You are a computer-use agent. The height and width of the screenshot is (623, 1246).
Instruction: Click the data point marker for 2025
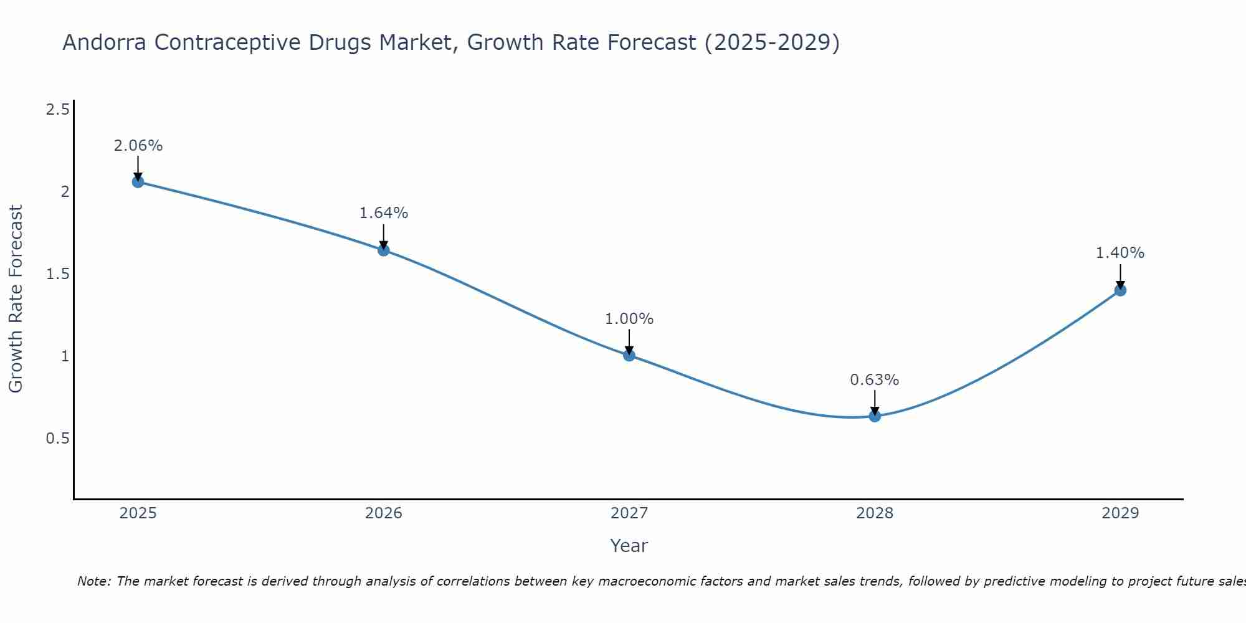tap(138, 182)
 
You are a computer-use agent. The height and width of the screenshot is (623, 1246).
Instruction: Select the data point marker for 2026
tap(384, 250)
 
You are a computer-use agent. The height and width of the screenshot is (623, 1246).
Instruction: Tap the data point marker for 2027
tap(629, 356)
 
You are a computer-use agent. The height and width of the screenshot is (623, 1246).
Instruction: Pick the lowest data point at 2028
tap(875, 416)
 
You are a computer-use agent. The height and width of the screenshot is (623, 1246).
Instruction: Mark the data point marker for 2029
tap(1120, 290)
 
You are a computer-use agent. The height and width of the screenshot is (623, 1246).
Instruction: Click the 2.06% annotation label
tap(138, 146)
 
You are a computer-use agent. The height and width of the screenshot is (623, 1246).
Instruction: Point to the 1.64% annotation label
tap(384, 213)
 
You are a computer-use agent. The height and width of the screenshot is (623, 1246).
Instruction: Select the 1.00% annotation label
tap(629, 319)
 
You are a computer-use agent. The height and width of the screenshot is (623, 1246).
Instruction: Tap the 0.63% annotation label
tap(875, 380)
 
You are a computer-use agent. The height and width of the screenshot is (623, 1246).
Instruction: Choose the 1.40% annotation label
tap(1120, 253)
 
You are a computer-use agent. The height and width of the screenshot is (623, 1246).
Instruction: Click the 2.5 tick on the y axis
tap(57, 110)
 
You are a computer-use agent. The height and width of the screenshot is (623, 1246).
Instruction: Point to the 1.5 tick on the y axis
tap(57, 274)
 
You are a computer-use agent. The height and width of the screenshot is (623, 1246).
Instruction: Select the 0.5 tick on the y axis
tap(57, 439)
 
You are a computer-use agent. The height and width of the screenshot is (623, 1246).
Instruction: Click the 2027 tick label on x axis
tap(629, 513)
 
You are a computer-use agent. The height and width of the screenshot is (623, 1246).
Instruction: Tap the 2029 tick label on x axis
tap(1120, 513)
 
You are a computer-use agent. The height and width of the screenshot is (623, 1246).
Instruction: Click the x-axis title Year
tap(629, 546)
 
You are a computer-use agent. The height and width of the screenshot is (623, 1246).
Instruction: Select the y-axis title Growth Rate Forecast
tap(16, 299)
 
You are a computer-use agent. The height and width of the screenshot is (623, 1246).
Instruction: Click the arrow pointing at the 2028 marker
tap(875, 402)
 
